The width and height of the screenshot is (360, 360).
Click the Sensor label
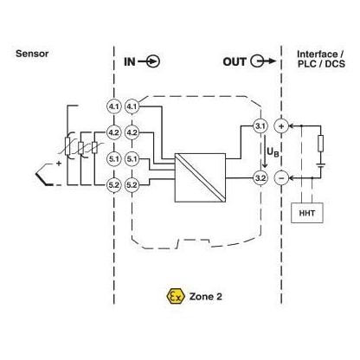point(32,54)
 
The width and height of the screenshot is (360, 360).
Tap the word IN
point(130,61)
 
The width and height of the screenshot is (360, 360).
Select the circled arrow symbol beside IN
point(149,61)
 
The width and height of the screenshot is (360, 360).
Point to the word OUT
point(235,61)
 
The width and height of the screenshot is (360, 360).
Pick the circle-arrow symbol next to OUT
point(263,61)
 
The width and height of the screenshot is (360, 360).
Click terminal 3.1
point(260,126)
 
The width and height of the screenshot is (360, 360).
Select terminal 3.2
point(260,178)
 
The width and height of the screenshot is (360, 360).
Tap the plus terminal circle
point(281,126)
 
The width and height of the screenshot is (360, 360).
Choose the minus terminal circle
point(281,178)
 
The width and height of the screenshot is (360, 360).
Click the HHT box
point(307,213)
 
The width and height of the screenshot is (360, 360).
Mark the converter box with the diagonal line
point(200,177)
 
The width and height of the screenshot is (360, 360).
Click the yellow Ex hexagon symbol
point(176,296)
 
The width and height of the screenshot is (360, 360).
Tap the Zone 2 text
point(206,297)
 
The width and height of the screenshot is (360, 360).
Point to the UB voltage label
point(273,151)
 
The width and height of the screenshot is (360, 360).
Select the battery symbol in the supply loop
point(320,165)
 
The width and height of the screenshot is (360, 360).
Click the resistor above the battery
point(320,144)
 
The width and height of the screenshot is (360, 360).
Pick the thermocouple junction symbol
point(43,175)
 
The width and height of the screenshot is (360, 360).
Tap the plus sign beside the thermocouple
point(59,164)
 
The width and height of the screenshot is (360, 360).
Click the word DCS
point(335,64)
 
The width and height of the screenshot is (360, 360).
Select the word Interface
point(318,54)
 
